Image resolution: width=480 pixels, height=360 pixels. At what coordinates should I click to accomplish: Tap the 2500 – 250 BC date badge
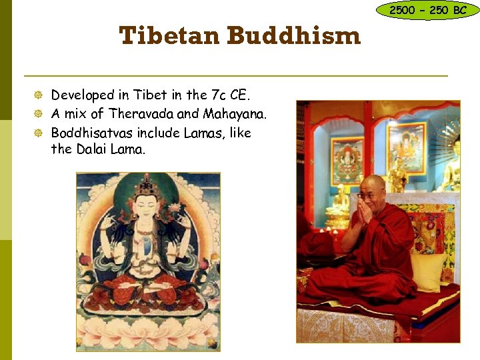pyautogui.click(x=428, y=10)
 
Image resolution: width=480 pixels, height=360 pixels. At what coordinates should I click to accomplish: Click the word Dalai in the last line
pyautogui.click(x=93, y=149)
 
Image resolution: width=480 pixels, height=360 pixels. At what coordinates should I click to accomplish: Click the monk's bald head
pyautogui.click(x=371, y=183)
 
